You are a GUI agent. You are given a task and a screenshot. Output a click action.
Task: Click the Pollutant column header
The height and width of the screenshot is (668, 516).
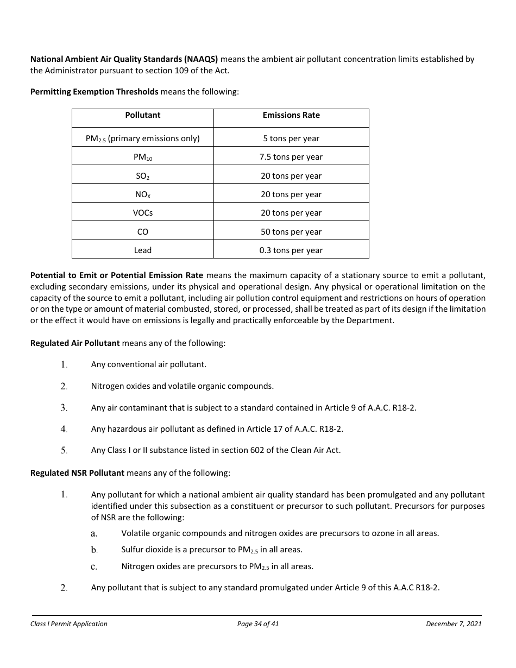[x=143, y=115]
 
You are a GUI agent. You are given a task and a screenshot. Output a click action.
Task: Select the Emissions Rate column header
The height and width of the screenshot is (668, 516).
[x=291, y=115]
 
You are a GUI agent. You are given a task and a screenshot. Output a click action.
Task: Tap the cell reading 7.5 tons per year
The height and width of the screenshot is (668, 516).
[x=291, y=157]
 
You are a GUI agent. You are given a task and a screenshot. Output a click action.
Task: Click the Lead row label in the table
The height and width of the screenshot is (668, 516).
[x=143, y=250]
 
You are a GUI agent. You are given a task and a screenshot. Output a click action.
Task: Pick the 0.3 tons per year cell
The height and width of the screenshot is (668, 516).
[x=291, y=250]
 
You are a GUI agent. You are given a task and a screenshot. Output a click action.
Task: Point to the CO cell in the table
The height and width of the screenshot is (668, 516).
[x=143, y=232]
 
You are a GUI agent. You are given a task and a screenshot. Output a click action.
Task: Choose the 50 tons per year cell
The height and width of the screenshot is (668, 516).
[x=291, y=232]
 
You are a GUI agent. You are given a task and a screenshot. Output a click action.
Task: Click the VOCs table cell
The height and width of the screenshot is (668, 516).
[x=143, y=213]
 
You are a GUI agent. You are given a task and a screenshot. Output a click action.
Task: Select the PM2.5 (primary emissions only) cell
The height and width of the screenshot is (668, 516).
[x=143, y=138]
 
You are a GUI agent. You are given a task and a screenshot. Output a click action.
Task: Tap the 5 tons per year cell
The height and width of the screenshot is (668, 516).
[x=291, y=138]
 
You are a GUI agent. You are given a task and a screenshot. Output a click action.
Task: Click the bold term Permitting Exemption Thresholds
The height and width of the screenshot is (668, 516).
[x=94, y=92]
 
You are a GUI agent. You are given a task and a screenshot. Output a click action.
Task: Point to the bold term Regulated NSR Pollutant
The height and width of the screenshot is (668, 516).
[x=77, y=473]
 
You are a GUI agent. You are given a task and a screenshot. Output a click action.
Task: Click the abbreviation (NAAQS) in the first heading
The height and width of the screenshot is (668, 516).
[x=201, y=59]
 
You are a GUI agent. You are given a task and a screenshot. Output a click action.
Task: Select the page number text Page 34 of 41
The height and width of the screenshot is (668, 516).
[x=258, y=624]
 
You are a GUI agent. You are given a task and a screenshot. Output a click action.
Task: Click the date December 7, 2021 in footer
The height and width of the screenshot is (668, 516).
[x=454, y=624]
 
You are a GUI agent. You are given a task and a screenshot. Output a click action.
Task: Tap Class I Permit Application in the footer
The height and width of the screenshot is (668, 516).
[x=69, y=624]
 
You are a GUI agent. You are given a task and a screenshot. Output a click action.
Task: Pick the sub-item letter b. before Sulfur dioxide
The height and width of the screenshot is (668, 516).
[x=94, y=550]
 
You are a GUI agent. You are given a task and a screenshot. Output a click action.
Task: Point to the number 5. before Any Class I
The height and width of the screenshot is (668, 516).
[x=64, y=450]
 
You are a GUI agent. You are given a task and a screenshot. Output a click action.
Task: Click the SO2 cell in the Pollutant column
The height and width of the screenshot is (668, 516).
[x=143, y=176]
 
